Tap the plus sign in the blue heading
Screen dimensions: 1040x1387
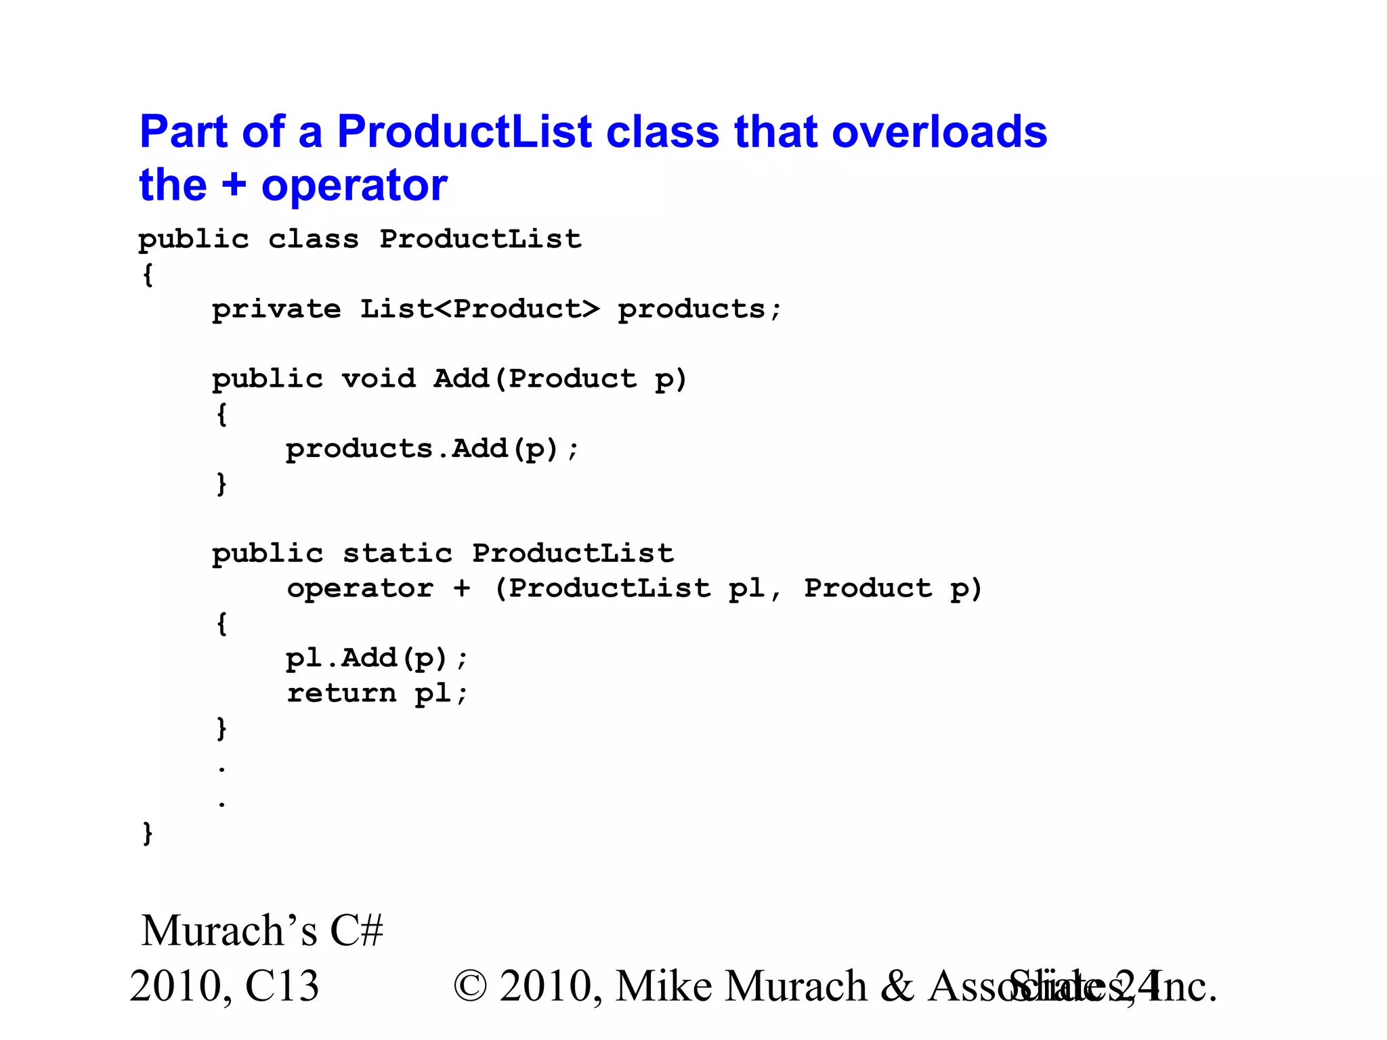point(234,185)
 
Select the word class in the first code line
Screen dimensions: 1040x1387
point(313,239)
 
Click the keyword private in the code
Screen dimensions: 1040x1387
point(276,309)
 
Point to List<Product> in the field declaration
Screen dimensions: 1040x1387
point(479,309)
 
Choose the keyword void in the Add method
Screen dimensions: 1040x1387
point(378,379)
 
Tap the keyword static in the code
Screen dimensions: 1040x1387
point(397,554)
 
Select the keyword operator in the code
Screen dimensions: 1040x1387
point(360,588)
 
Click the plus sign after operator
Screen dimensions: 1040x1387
point(462,588)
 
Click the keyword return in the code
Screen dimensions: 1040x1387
point(341,693)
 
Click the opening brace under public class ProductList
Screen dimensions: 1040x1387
point(148,275)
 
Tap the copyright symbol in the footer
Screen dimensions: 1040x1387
point(470,986)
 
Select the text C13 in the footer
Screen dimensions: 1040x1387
point(282,986)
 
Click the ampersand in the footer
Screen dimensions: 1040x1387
point(897,986)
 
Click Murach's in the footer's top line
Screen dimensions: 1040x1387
point(229,930)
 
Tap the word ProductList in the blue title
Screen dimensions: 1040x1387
point(465,131)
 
